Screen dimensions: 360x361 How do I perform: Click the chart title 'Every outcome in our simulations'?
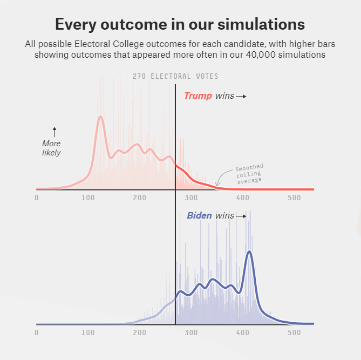click(180, 24)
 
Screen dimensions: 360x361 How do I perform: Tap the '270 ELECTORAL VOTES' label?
click(175, 77)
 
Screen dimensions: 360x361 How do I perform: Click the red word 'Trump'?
click(198, 96)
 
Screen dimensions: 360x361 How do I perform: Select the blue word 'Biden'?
click(200, 216)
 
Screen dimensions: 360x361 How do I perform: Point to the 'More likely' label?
click(52, 148)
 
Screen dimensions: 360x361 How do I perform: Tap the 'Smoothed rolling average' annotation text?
click(248, 174)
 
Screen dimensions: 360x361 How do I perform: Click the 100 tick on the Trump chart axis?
click(88, 198)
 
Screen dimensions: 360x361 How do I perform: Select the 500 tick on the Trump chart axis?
click(294, 198)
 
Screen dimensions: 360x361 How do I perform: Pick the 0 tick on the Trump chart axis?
click(37, 198)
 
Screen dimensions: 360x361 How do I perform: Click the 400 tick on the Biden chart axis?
click(242, 333)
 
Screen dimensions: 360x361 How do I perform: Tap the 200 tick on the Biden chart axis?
click(139, 333)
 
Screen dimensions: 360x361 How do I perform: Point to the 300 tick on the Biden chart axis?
click(191, 333)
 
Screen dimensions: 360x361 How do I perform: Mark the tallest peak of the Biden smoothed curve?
click(249, 252)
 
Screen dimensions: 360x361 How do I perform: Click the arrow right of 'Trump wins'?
click(241, 97)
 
